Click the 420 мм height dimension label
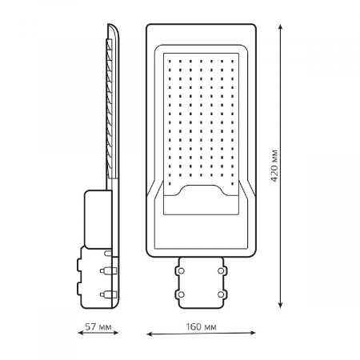pos(274,166)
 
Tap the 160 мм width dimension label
pos(201,326)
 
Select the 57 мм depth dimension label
pos(98,326)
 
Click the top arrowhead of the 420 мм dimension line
pos(280,26)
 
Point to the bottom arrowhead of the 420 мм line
pos(280,305)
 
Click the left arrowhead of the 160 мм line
pos(150,334)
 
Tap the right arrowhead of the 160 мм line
pos(253,333)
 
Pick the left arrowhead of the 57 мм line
pos(81,333)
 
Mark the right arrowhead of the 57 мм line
pos(115,333)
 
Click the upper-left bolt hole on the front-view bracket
pos(181,271)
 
